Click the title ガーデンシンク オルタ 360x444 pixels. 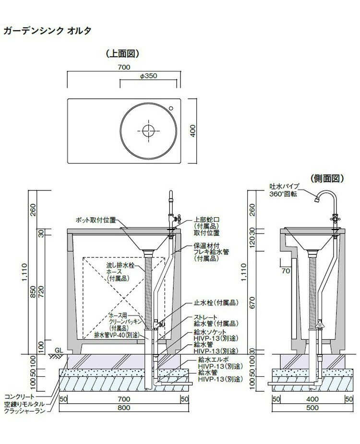pos(48,31)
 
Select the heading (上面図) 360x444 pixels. pos(122,54)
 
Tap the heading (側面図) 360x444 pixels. pos(327,178)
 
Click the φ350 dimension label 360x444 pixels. pos(148,76)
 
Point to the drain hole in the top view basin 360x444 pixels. pos(148,130)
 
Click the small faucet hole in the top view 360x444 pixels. pos(171,108)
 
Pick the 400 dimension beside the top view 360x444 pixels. pos(193,131)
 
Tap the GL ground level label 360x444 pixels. pos(59,351)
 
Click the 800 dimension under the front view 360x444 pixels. pos(124,408)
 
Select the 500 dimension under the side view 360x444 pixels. pos(312,408)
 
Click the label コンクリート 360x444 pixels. pos(19,397)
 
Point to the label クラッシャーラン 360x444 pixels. pos(24,411)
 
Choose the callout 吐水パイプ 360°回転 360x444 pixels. pos(284,190)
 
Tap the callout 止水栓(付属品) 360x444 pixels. pos(216,303)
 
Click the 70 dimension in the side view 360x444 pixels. pos(286,271)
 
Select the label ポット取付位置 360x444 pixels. pos(96,220)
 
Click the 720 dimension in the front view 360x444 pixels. pos(42,292)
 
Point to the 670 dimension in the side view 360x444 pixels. pos(252,303)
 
